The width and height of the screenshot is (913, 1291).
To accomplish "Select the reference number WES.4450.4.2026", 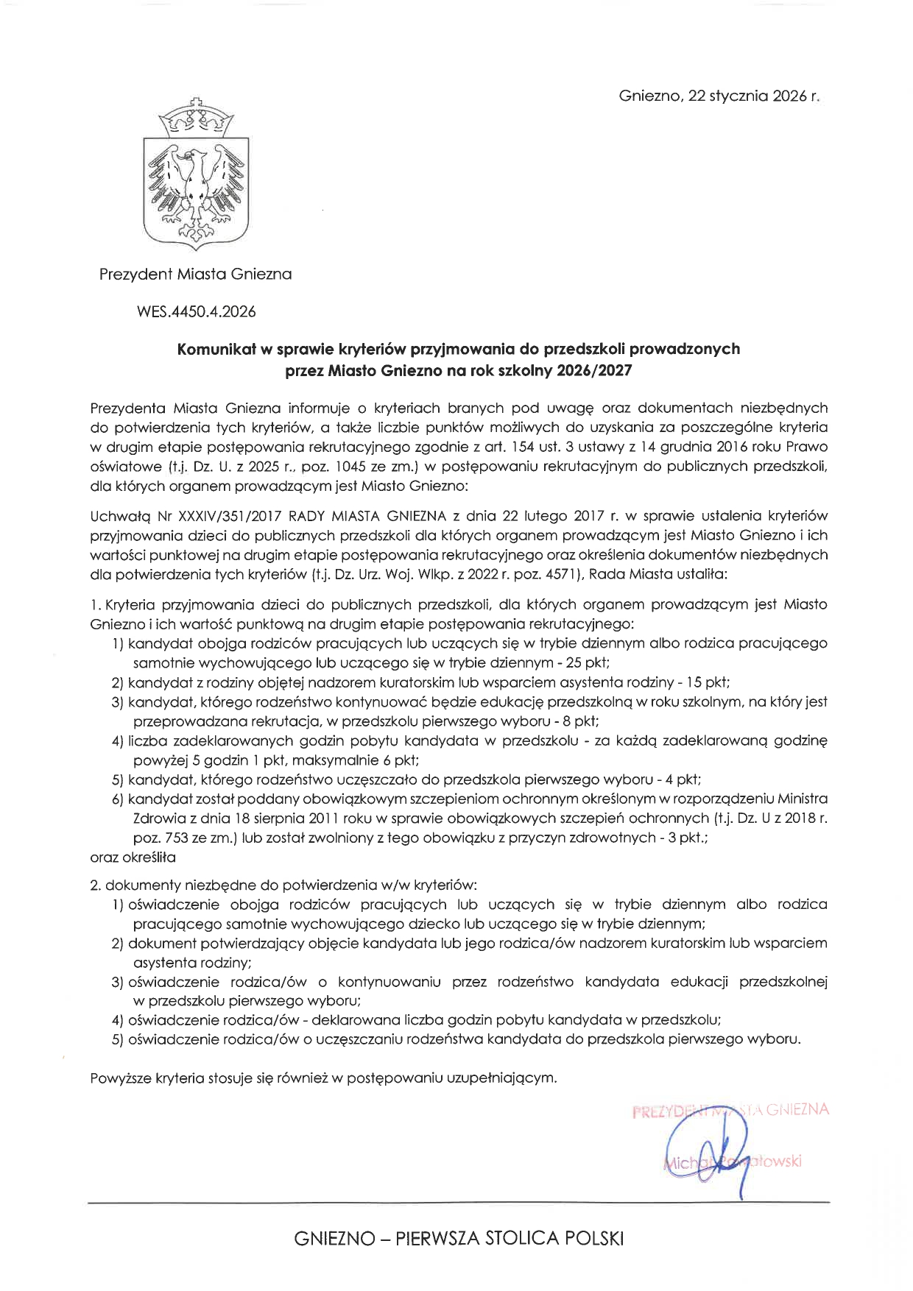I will click(196, 311).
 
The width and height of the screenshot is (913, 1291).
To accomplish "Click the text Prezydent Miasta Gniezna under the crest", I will click(196, 275).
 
